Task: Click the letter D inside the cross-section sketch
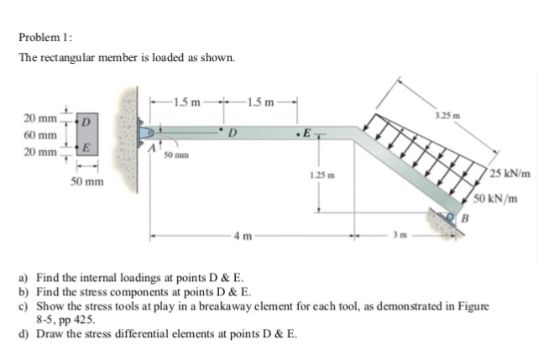(85, 122)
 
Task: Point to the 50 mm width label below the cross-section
(86, 180)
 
